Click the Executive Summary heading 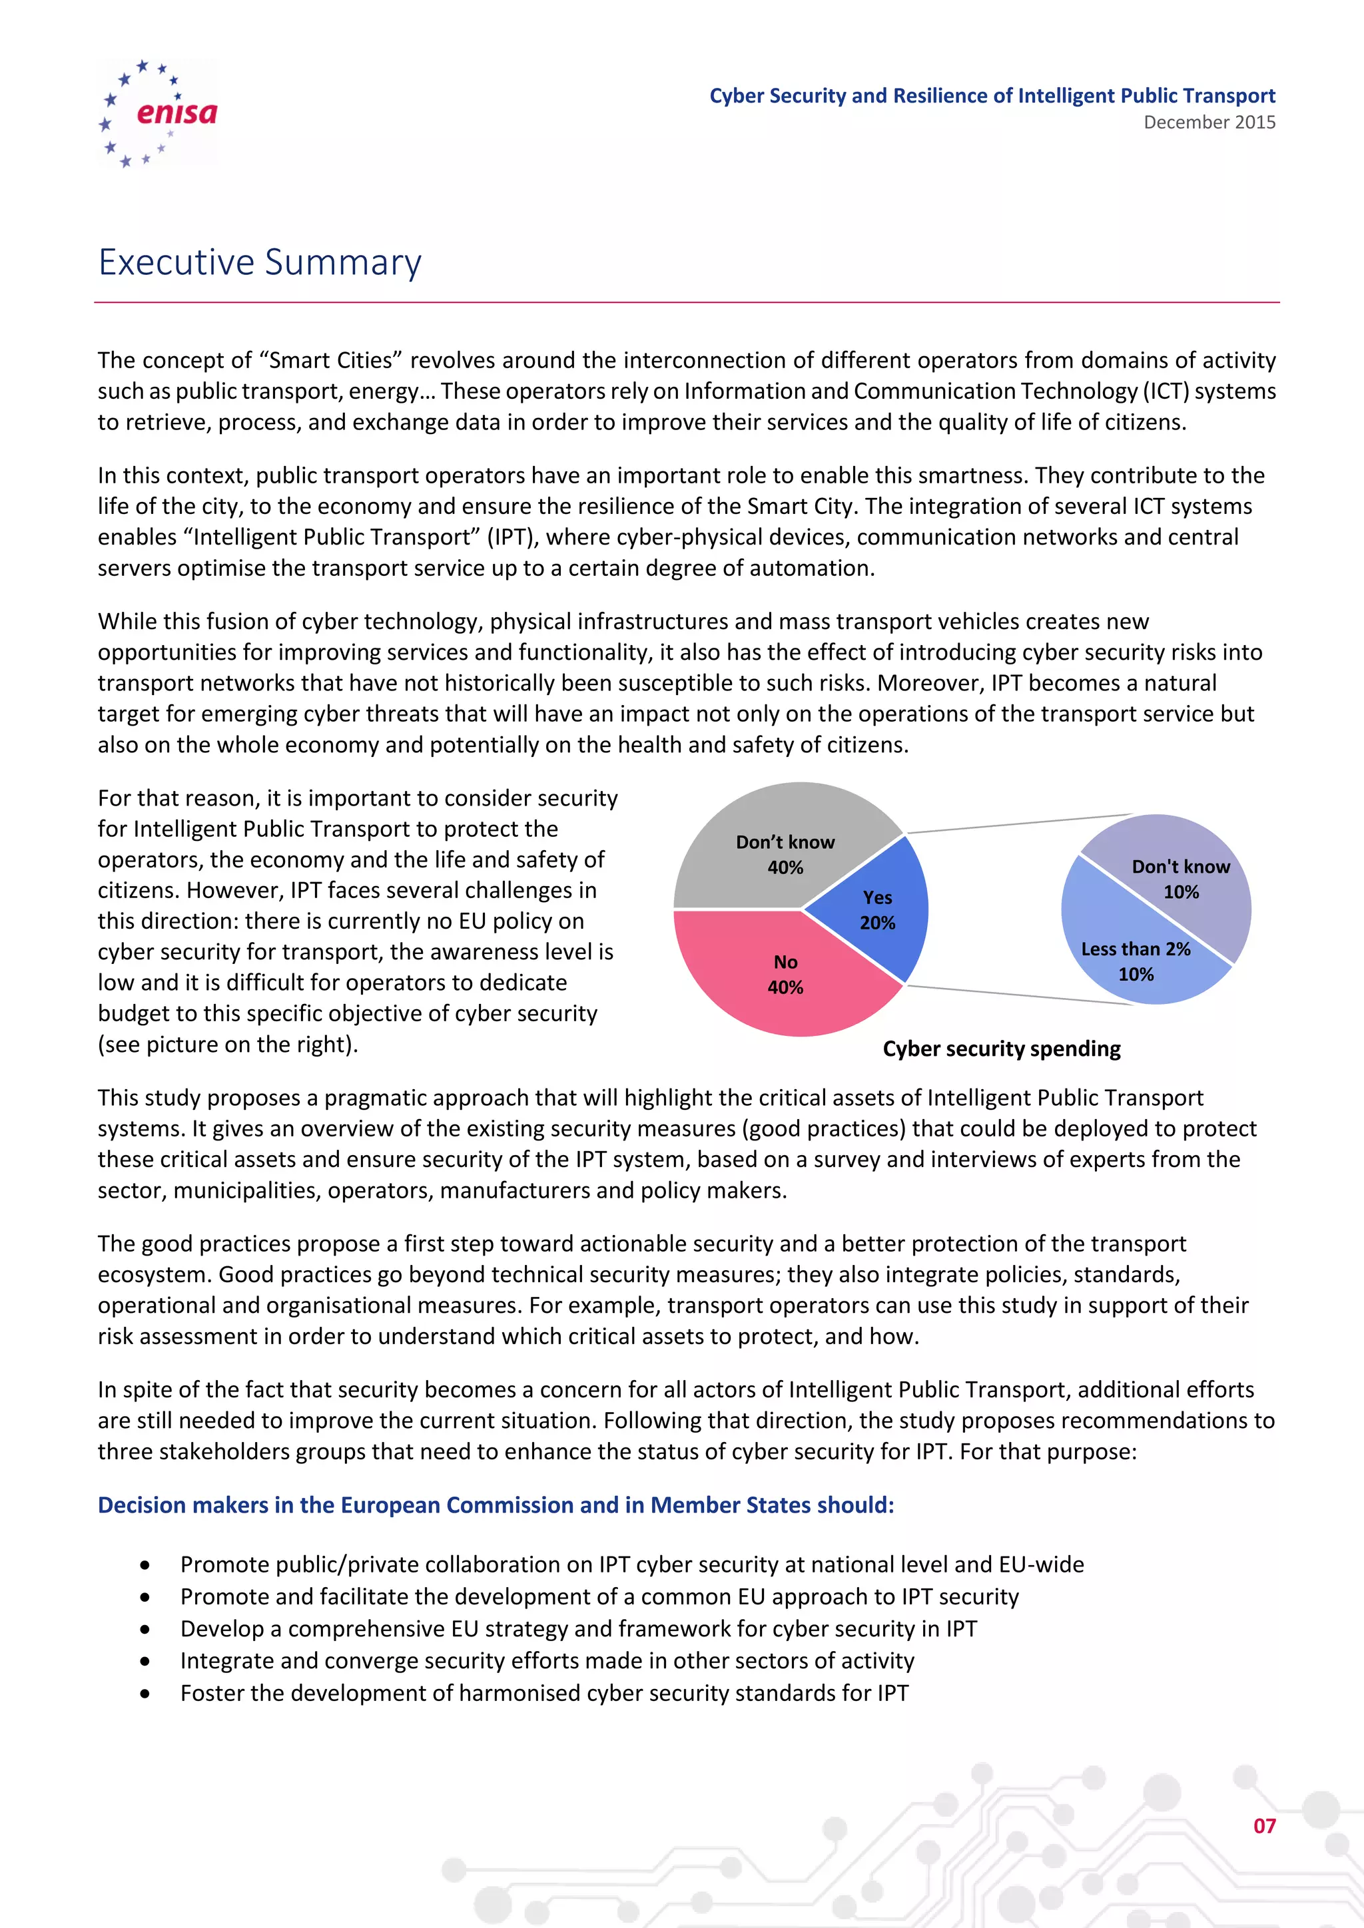[x=260, y=262]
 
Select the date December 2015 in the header [x=1209, y=122]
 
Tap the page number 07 [x=1264, y=1825]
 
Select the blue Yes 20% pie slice [x=882, y=911]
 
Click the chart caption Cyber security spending [x=1001, y=1049]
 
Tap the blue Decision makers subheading [x=496, y=1505]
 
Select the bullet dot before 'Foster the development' [x=145, y=1694]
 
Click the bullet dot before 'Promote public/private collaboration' [x=145, y=1565]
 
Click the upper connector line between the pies [x=1020, y=823]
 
